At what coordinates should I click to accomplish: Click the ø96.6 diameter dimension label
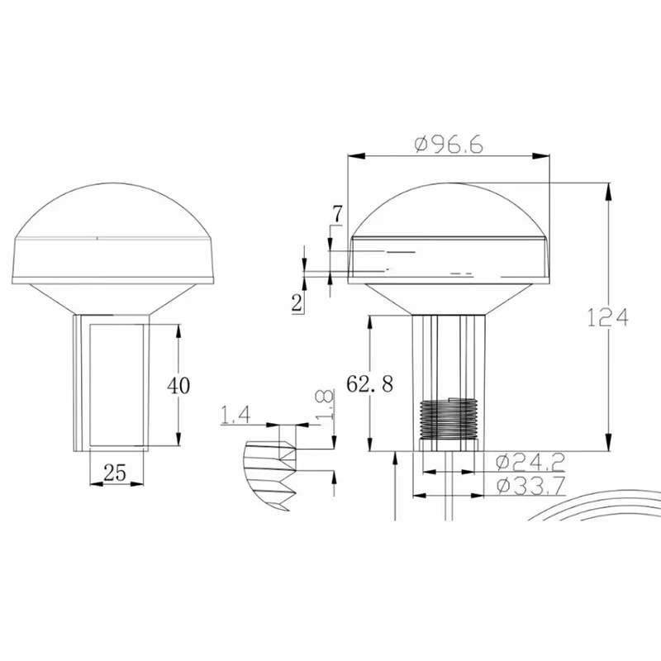[x=449, y=145]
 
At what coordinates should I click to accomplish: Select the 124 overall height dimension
[x=607, y=317]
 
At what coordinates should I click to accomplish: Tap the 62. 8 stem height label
[x=369, y=384]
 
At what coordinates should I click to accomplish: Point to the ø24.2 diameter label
[x=530, y=463]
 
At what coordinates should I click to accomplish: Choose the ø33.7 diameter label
[x=530, y=486]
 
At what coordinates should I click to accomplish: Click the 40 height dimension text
[x=178, y=385]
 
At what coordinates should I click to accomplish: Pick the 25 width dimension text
[x=115, y=473]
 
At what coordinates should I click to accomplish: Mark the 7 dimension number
[x=338, y=214]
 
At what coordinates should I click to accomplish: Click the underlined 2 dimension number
[x=297, y=302]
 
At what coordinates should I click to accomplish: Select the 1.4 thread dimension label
[x=235, y=415]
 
